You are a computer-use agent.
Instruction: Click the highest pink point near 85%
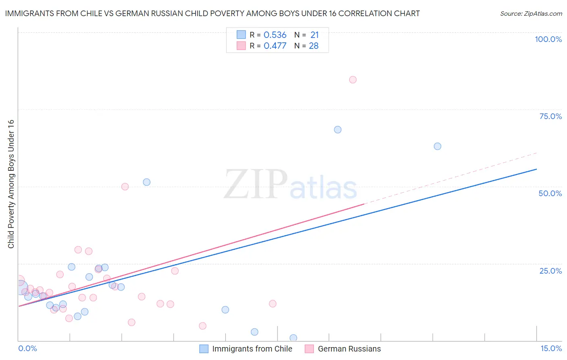pos(352,80)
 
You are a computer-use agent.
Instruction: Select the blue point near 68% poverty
pos(338,130)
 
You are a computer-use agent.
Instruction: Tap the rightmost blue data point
pos(437,146)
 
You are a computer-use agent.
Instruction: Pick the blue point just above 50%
pos(146,182)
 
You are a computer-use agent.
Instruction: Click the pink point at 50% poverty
pos(125,186)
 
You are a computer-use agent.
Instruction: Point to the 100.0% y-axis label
pos(548,39)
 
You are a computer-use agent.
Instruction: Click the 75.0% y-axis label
pos(550,116)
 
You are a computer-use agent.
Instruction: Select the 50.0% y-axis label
pos(550,193)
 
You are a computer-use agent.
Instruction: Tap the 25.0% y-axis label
pos(550,271)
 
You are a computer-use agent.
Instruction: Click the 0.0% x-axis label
pos(27,348)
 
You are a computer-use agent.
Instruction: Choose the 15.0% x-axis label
pos(551,348)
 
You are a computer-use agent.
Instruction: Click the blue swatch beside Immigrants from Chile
pos(204,349)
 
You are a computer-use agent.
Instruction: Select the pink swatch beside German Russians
pos(309,349)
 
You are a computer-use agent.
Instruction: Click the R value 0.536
pos(275,35)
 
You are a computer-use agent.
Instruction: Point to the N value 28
pos(313,46)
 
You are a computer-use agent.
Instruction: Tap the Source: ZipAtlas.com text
pos(531,13)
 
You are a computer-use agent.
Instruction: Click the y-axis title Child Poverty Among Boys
pos(11,184)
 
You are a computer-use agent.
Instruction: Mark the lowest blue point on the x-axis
pos(293,338)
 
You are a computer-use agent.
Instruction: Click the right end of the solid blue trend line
pos(536,169)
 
